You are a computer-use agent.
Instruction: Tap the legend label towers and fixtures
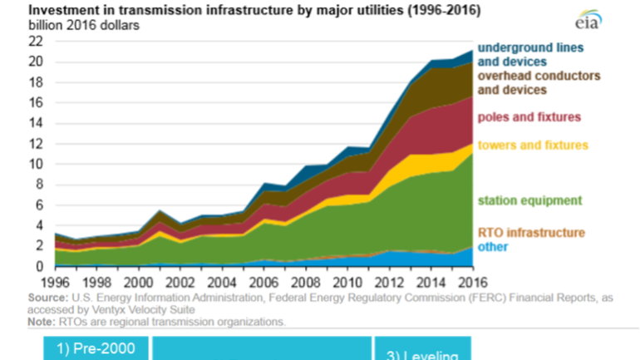[530, 145]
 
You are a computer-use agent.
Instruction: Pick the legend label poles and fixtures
[529, 117]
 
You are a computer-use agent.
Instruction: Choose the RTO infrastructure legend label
[531, 233]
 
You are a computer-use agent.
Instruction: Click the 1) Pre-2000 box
[96, 348]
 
